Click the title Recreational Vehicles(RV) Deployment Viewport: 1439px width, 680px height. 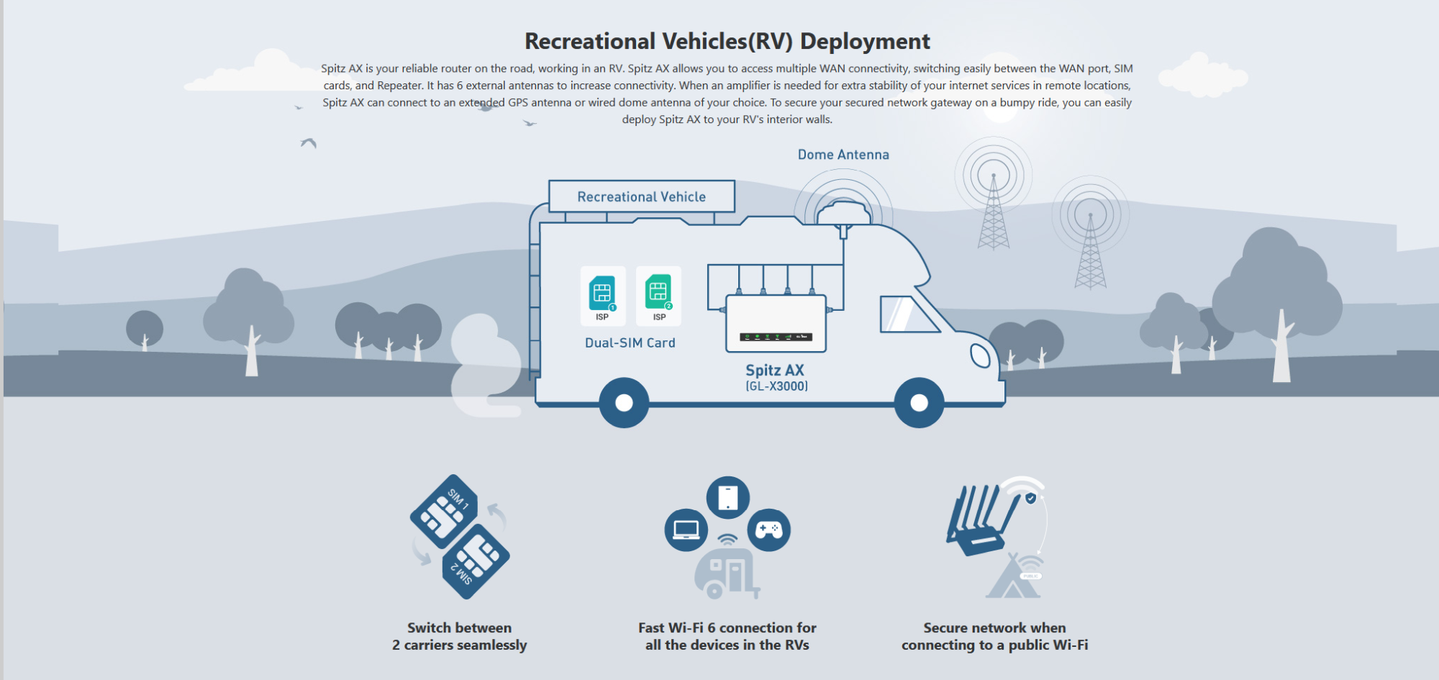[727, 41]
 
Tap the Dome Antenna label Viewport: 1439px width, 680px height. [843, 155]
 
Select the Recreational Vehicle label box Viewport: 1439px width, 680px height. [642, 196]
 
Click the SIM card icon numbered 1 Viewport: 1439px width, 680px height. [602, 294]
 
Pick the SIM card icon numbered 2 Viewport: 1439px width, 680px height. [658, 294]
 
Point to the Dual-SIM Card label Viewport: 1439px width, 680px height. [630, 343]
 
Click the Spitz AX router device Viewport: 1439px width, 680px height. [776, 323]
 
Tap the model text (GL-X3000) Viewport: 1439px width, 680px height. [776, 386]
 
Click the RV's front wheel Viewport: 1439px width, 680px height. [919, 403]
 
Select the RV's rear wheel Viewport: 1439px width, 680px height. [624, 403]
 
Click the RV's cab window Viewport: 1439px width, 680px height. [907, 314]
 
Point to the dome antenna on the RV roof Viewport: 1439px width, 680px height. [844, 214]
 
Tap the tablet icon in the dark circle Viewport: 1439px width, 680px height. [728, 497]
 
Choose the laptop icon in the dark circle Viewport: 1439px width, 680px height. [686, 530]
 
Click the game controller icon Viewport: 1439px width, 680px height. [769, 530]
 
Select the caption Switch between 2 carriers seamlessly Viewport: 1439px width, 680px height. [460, 637]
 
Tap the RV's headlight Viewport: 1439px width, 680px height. [980, 355]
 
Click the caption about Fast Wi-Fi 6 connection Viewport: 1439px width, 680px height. [727, 637]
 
